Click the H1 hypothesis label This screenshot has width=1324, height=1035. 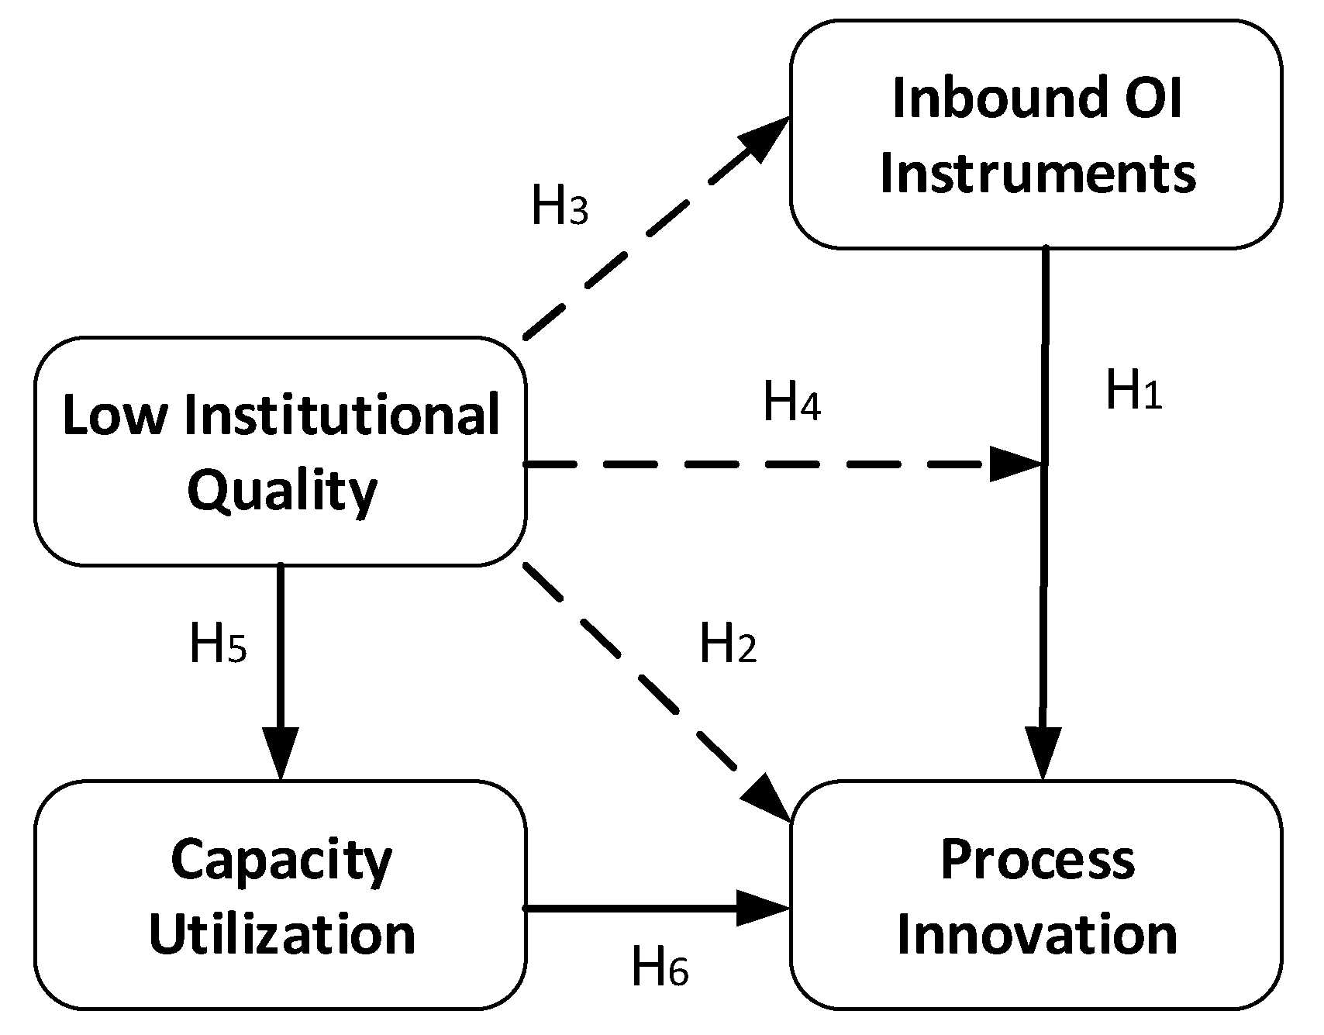(1133, 390)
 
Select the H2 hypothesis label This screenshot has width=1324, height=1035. (727, 644)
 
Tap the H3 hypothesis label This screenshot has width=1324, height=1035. (559, 207)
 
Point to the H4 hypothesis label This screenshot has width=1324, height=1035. (791, 402)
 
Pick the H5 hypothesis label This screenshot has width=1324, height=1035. (218, 644)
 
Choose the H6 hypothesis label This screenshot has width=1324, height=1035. (660, 967)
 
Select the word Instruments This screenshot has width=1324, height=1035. (1037, 173)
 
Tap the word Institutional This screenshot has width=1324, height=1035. (342, 415)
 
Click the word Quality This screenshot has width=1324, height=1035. (282, 491)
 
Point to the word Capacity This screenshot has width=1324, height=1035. (282, 861)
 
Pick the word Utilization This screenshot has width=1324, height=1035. (282, 934)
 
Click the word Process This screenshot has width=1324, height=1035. (1037, 861)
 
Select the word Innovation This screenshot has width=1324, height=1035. (1037, 934)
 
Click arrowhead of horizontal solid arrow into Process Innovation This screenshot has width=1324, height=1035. (763, 907)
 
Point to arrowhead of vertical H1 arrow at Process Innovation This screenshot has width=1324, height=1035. (1043, 752)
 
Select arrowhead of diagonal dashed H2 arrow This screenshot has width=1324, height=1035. (767, 799)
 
